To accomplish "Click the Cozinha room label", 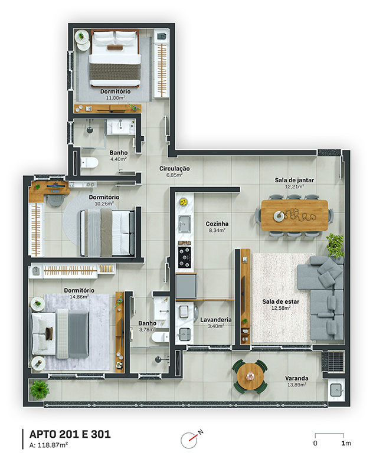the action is click(217, 224).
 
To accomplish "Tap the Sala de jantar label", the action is click(294, 180).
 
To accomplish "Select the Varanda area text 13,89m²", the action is click(296, 385).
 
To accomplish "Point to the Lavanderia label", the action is click(216, 320).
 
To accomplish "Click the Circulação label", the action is click(174, 169).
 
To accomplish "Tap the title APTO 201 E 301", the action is click(70, 434).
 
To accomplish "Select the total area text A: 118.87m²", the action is click(48, 445).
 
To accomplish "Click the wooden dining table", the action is click(294, 215).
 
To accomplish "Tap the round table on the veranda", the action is click(250, 376).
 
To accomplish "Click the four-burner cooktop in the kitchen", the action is click(184, 257).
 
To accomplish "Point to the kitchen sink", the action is click(184, 224).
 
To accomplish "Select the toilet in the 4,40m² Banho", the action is click(89, 163).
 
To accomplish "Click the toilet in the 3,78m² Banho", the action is click(160, 337).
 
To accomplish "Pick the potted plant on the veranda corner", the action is click(40, 389).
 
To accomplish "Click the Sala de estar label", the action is click(280, 301).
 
